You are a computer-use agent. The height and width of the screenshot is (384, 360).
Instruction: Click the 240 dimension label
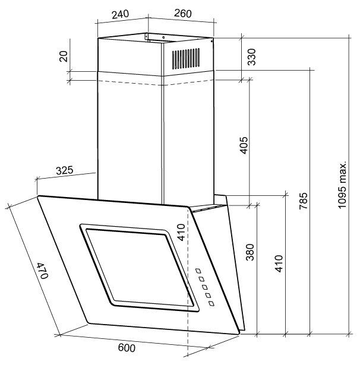(120, 14)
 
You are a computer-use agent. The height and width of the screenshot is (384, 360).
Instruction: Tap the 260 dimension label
(183, 13)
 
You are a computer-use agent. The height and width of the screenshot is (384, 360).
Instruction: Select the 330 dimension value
(252, 57)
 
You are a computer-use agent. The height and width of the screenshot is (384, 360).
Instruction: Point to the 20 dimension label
(64, 56)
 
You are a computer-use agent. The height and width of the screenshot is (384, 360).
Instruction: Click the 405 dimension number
(244, 145)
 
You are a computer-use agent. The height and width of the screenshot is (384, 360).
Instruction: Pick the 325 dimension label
(64, 170)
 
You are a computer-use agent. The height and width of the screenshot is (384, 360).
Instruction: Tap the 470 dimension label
(42, 271)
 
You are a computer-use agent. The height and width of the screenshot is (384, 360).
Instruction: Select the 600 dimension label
(127, 348)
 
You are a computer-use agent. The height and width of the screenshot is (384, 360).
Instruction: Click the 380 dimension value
(250, 252)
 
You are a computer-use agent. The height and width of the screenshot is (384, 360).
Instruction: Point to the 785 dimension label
(304, 201)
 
